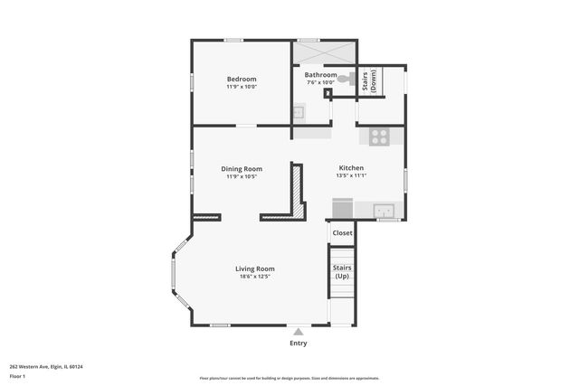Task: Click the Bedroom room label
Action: [242, 79]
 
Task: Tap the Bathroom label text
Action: [320, 75]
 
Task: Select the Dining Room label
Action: [242, 168]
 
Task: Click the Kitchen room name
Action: [351, 168]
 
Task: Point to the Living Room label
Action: [254, 268]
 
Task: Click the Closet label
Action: [342, 233]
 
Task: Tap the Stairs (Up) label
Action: [342, 271]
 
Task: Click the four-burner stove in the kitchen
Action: [379, 137]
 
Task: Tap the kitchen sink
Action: [386, 212]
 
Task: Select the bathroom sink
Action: [298, 113]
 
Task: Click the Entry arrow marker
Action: [298, 332]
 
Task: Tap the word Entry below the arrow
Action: [298, 344]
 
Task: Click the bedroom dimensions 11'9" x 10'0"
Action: [242, 87]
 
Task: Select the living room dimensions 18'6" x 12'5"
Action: [254, 277]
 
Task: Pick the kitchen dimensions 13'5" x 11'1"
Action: [351, 176]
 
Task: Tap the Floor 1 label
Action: [17, 376]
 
